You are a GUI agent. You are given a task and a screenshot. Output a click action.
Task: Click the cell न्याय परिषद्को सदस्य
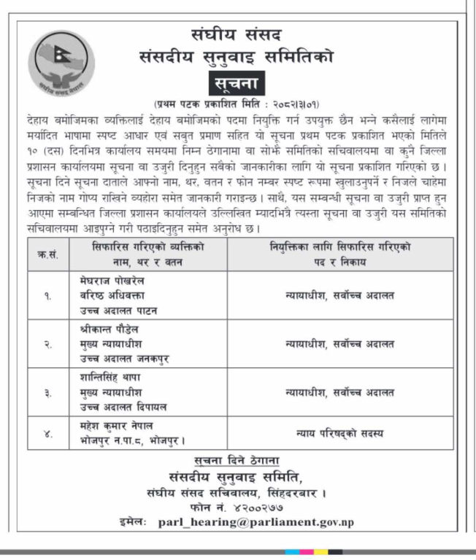coord(339,434)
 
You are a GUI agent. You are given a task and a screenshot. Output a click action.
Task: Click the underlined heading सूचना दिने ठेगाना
coord(237,460)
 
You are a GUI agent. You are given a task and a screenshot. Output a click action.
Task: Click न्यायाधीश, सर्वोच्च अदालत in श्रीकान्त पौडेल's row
coord(339,343)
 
